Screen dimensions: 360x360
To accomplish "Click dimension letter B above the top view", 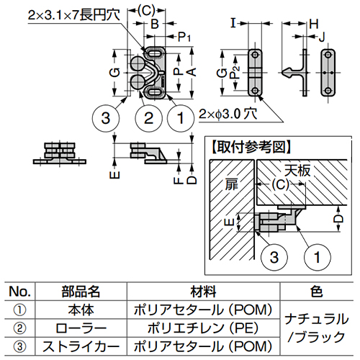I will click(154, 23).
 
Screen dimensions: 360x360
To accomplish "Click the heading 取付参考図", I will click(251, 145).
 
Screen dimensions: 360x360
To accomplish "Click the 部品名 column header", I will click(80, 292).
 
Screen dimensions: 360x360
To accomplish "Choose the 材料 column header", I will click(201, 292).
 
